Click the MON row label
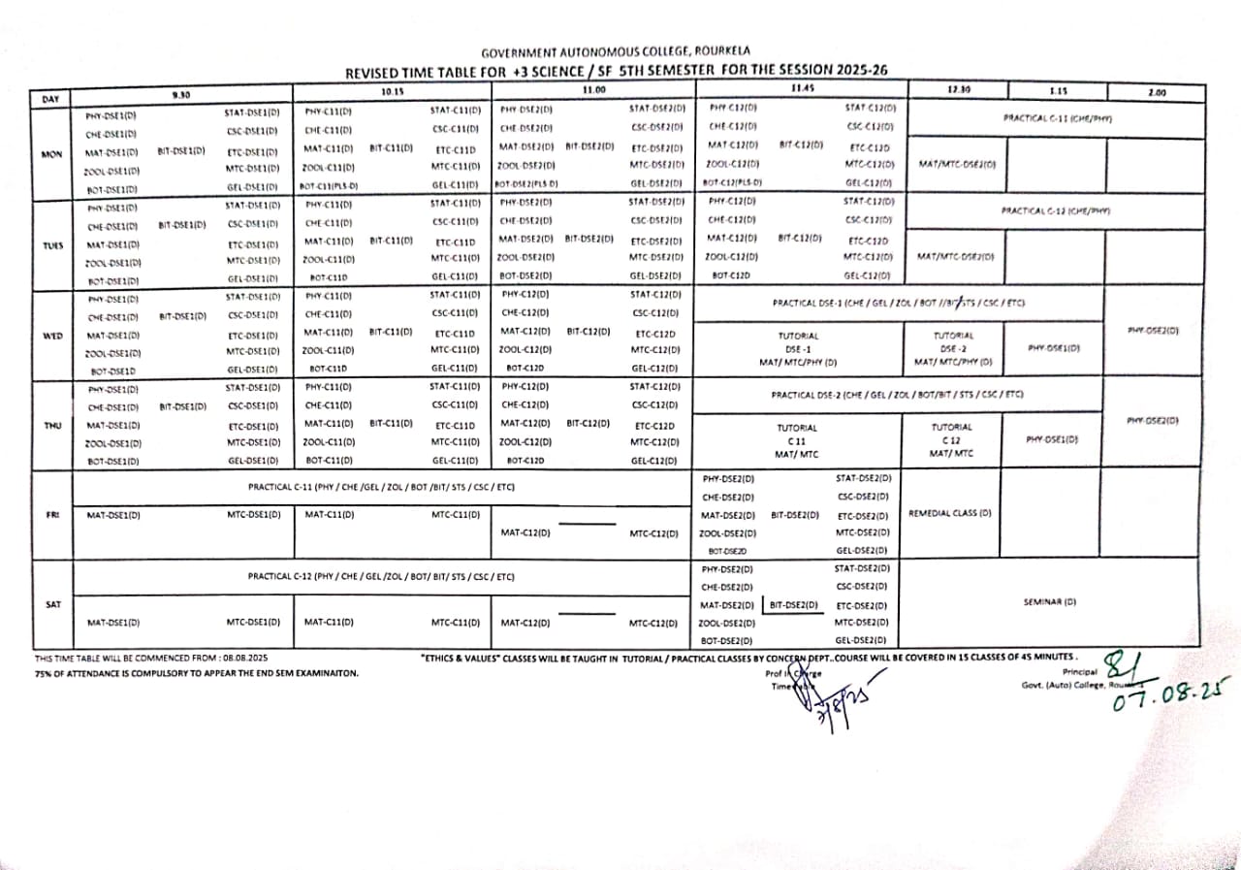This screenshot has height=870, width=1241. pos(52,152)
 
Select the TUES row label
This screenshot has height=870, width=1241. pos(52,245)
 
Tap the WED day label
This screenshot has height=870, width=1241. pos(52,336)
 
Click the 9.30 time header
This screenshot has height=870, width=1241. pos(180,93)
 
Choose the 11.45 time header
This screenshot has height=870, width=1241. pos(801,89)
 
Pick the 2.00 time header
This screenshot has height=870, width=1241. pos(1157,93)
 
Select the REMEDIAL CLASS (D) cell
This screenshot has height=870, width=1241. pos(950,512)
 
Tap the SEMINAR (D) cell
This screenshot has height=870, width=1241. pos(1050,601)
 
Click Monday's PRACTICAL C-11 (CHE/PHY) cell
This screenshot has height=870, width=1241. pos(1056,117)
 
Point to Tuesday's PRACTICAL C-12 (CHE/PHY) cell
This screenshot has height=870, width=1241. pos(1056,210)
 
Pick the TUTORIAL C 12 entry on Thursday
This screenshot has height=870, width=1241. pos(951,439)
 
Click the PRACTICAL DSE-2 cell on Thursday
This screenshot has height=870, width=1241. pos(897,395)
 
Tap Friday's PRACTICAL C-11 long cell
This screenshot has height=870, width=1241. pos(381,487)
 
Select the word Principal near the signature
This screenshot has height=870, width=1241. pos(1080,671)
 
